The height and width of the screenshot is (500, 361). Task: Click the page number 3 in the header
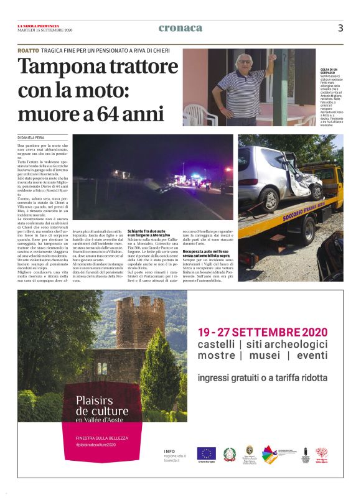coord(340,27)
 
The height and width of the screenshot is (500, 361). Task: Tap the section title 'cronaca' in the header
coord(180,28)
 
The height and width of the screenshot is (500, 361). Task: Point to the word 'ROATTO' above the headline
coord(28,50)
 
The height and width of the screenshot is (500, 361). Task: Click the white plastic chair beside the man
coord(199,114)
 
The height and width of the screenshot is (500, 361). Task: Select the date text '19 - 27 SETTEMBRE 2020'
coord(262,331)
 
